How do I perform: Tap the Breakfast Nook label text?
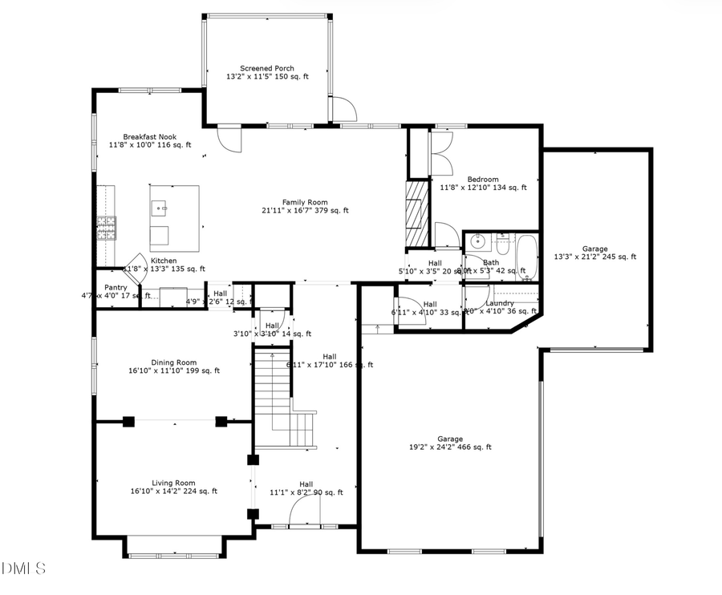[149, 137]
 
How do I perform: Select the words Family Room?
[305, 202]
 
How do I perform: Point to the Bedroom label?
[483, 180]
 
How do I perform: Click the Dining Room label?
[173, 362]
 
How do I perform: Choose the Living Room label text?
[173, 484]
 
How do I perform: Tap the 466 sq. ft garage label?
[450, 439]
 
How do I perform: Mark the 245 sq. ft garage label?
[594, 249]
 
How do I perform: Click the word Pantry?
[116, 287]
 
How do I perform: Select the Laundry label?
[500, 303]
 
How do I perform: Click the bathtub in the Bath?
[527, 255]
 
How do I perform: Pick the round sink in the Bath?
[477, 240]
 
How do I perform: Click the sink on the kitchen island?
[160, 208]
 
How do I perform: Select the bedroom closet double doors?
[441, 152]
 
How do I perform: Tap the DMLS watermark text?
[24, 569]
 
